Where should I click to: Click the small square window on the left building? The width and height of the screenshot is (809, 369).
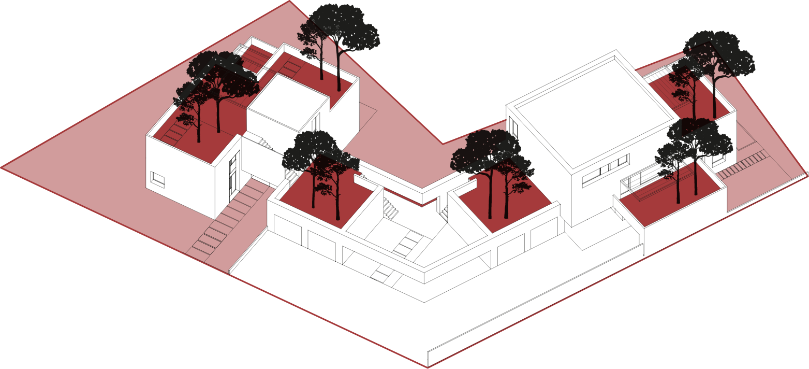(158, 181)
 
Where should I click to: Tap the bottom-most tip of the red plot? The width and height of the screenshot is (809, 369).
(428, 367)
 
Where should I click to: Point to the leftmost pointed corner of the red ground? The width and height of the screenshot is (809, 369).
(3, 167)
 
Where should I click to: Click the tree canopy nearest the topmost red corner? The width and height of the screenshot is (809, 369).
(339, 29)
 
